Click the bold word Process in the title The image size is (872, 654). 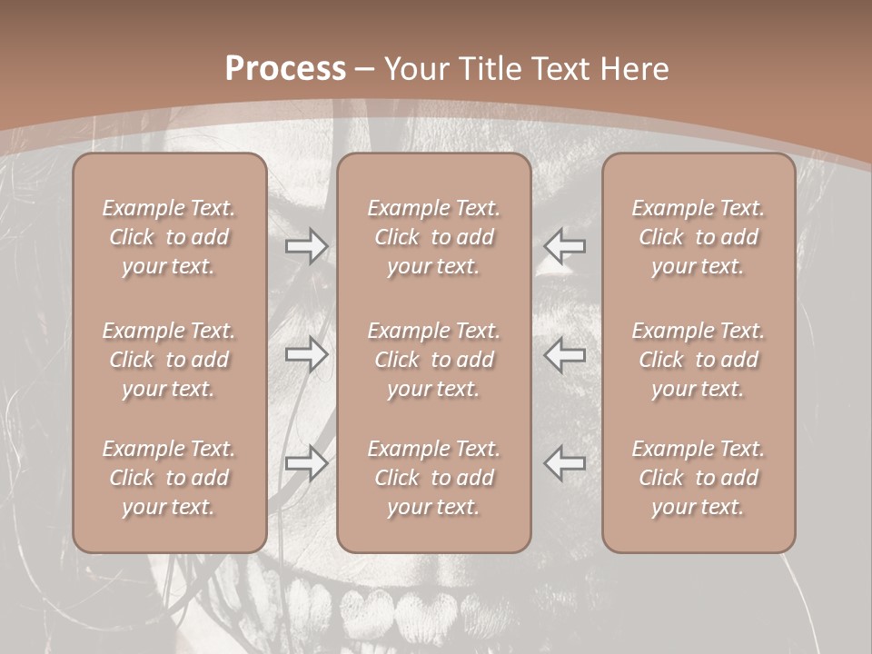point(285,69)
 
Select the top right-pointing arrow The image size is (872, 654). point(306,246)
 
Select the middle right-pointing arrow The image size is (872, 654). point(306,354)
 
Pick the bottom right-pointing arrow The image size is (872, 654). point(306,463)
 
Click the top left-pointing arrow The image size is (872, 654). point(565,246)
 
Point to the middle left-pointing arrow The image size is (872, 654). point(565,354)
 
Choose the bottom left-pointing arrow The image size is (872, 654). point(565,463)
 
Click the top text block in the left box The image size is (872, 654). point(169,237)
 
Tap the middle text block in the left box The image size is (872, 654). point(169,360)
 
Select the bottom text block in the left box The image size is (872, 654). point(169,478)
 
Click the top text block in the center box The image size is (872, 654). point(434,237)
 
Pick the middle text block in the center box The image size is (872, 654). point(434,360)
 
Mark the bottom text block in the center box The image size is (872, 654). point(434,478)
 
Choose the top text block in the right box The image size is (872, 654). point(699,237)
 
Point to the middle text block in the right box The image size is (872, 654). point(699,360)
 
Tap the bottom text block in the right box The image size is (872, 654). point(699,478)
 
